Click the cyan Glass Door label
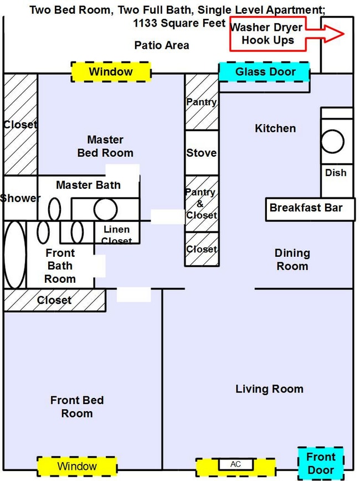[x=265, y=72]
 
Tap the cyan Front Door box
[x=321, y=463]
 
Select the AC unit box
[x=235, y=464]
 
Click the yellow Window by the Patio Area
[x=111, y=72]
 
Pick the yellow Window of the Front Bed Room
[x=77, y=466]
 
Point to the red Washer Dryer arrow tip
[x=344, y=34]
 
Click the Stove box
[x=201, y=153]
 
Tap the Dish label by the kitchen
[x=336, y=173]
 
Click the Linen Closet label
[x=117, y=235]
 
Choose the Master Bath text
[x=88, y=185]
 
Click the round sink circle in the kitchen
[x=333, y=141]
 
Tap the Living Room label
[x=269, y=389]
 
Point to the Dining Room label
[x=292, y=260]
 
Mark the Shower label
[x=20, y=198]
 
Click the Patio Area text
[x=162, y=45]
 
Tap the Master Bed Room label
[x=105, y=146]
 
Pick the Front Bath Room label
[x=60, y=266]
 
